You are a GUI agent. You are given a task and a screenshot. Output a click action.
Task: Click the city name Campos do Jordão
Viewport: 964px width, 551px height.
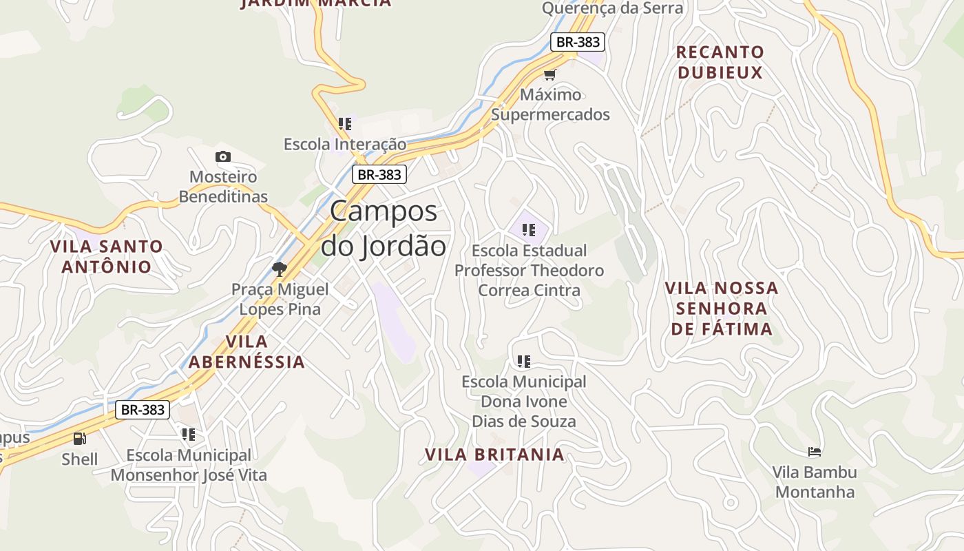point(384,229)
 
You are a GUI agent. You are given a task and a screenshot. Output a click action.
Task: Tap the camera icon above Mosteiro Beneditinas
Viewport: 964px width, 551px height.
point(223,157)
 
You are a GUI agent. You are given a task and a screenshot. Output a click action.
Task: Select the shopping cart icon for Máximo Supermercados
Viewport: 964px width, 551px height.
point(549,74)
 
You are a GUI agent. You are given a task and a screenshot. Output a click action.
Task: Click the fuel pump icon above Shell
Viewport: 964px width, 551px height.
point(80,439)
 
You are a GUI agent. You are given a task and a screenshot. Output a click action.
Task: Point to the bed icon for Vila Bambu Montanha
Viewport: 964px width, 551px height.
point(815,452)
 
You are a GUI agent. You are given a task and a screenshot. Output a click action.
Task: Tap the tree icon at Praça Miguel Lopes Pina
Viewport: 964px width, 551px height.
point(279,269)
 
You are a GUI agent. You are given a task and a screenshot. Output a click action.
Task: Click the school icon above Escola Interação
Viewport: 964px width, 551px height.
point(345,124)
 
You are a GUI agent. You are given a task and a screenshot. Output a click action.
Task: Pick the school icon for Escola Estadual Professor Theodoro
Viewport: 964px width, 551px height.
point(529,230)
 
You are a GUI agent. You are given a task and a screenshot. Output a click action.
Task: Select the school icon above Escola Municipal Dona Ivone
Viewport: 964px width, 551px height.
point(524,361)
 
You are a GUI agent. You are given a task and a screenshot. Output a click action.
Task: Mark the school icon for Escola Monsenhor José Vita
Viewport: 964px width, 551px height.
point(189,435)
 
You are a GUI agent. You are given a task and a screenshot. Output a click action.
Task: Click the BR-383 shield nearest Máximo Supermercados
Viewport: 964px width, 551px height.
point(578,42)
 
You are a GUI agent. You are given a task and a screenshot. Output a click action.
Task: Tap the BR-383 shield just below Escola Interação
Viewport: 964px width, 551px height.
point(379,174)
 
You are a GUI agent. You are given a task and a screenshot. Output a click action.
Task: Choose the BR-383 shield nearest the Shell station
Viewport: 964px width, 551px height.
point(143,410)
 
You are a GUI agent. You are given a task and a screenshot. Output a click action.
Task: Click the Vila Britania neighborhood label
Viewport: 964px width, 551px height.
point(494,455)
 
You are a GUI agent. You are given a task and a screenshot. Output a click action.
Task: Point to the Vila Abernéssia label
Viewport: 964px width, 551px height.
point(247,351)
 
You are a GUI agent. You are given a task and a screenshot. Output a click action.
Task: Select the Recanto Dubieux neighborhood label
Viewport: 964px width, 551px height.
point(720,62)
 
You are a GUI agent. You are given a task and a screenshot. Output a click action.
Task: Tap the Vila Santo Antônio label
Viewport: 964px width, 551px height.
point(107,256)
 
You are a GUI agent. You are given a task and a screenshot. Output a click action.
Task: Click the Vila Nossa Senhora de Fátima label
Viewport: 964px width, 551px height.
point(722,308)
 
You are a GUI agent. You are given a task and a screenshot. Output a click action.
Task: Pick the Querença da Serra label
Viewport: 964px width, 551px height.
point(612,8)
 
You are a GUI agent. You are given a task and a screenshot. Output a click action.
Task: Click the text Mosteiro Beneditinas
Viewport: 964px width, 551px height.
point(223,187)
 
